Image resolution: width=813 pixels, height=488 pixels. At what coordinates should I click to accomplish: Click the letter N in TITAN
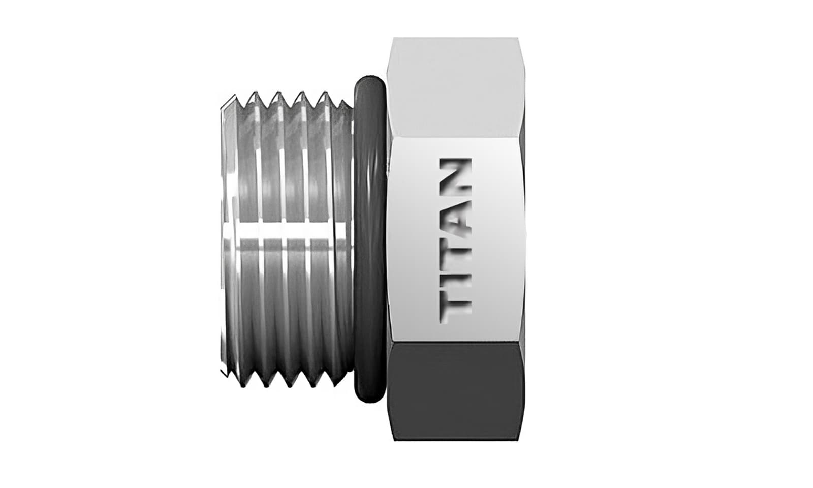tap(455, 175)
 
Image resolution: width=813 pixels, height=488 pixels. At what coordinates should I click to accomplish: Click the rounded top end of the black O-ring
tap(369, 81)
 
